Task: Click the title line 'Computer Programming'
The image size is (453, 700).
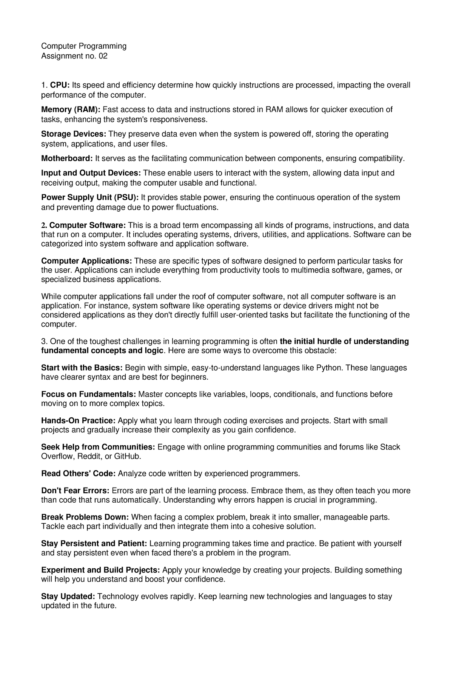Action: click(x=83, y=46)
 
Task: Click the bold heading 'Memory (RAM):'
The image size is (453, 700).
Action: click(x=71, y=109)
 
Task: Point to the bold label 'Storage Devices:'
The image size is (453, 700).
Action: click(x=74, y=134)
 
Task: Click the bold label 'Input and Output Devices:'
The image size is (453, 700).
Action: click(x=91, y=173)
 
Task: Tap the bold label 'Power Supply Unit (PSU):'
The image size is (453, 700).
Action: click(x=90, y=197)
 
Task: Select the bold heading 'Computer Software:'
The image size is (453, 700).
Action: click(x=88, y=225)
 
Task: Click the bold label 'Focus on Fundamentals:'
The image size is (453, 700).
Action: click(x=88, y=394)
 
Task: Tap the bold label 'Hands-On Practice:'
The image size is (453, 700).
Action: click(x=78, y=421)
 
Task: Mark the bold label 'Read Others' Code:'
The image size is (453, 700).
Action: click(x=78, y=474)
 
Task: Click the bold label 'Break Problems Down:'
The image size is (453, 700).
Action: click(x=85, y=517)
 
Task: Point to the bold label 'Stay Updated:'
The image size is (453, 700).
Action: click(x=68, y=596)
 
